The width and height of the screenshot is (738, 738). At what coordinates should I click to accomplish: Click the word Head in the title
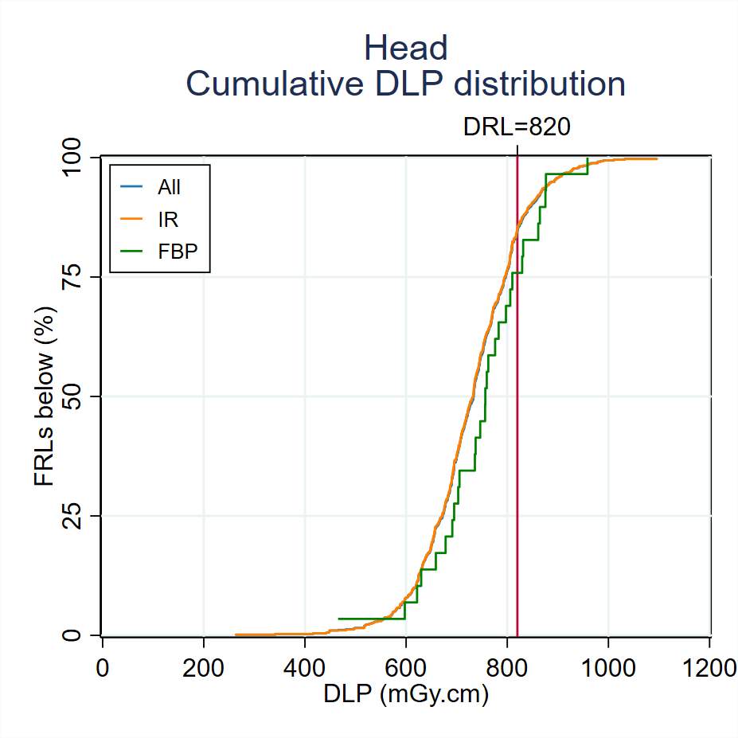[405, 49]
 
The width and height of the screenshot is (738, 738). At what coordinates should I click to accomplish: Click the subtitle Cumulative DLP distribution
[405, 84]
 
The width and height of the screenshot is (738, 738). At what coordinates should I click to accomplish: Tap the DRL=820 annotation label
[517, 127]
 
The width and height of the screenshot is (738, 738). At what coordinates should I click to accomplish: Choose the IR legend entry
[167, 219]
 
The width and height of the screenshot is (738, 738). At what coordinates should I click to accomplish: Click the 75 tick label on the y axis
[80, 277]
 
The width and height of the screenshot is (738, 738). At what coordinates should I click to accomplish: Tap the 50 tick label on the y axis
[80, 396]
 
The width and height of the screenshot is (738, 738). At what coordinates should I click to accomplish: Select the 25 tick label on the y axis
[80, 516]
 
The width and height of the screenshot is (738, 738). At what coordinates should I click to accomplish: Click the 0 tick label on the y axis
[87, 635]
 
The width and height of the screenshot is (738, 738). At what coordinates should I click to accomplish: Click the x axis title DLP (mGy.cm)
[405, 694]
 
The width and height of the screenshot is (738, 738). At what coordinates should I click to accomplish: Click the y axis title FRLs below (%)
[45, 396]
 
